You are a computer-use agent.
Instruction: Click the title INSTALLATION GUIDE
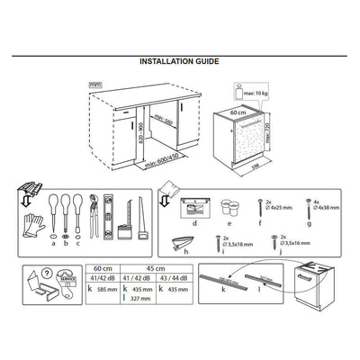179,62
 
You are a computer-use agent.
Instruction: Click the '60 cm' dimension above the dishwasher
238,114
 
